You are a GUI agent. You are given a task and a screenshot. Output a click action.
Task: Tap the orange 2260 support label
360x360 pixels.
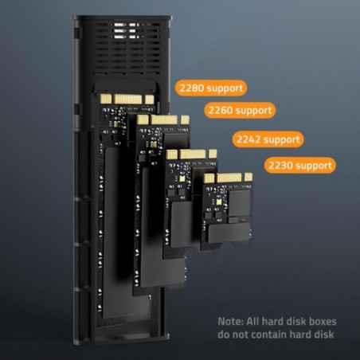(238, 109)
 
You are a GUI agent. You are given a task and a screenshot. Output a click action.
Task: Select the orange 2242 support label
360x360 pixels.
(268, 139)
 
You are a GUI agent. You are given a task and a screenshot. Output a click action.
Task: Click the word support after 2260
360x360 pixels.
(251, 109)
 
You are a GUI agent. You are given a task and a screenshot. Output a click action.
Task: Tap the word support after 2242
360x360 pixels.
(281, 139)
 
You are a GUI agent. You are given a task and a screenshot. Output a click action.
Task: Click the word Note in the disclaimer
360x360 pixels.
(231, 321)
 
